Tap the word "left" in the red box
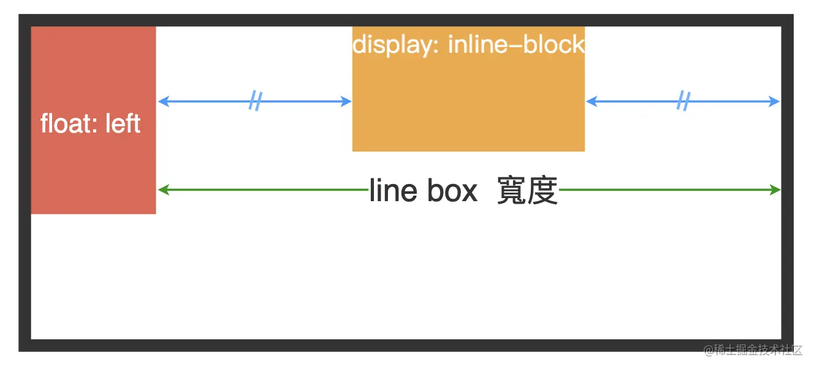pos(123,124)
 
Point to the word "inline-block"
pos(516,45)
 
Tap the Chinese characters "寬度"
pos(527,191)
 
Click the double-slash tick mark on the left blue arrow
pos(255,101)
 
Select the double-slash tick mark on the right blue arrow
pos(683,101)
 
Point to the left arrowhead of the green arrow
pos(162,190)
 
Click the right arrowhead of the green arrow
pos(777,190)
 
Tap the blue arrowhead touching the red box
pos(162,101)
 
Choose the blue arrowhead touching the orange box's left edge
pos(347,101)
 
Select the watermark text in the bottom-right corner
pos(753,350)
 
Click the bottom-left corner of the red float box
pos(32,213)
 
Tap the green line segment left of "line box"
pos(264,190)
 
